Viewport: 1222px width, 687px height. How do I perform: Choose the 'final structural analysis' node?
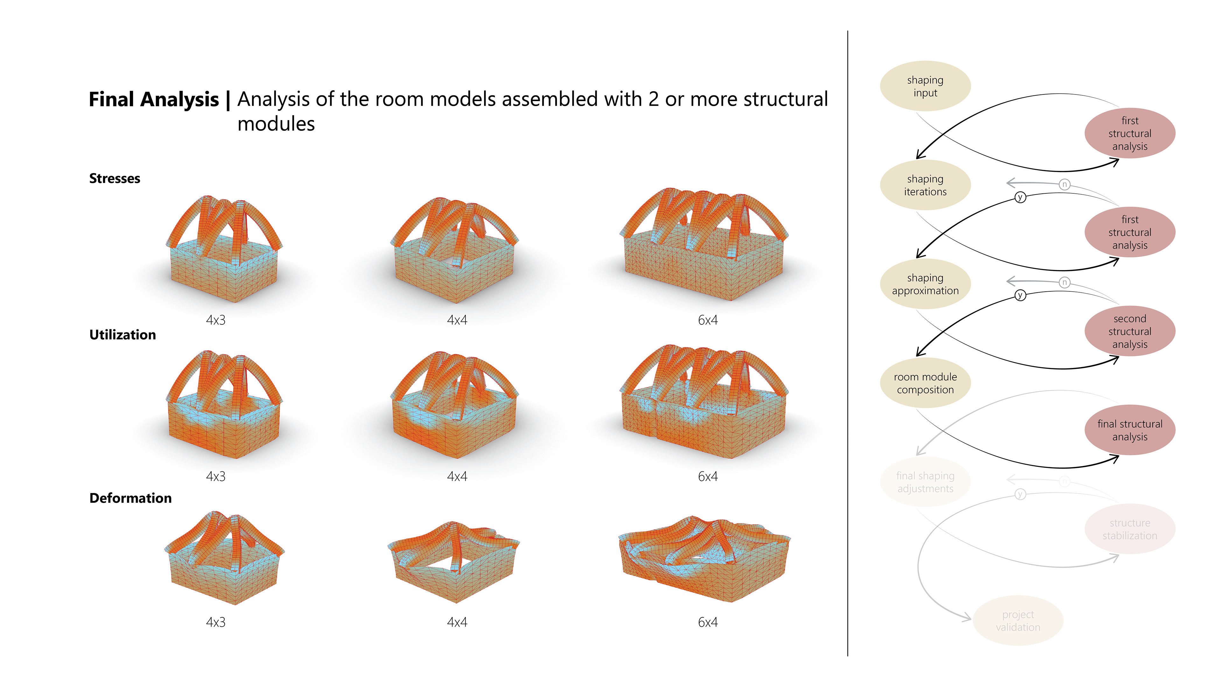click(1129, 430)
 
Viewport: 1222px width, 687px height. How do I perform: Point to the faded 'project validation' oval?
click(1018, 621)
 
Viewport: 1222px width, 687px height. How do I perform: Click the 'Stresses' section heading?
click(115, 179)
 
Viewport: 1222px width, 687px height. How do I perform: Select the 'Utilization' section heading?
click(123, 335)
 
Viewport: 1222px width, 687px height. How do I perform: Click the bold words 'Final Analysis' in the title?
click(154, 100)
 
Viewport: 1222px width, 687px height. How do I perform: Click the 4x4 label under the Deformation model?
click(457, 622)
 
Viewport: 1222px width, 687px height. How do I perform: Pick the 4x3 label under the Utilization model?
click(215, 476)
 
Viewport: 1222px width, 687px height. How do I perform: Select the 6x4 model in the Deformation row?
click(705, 559)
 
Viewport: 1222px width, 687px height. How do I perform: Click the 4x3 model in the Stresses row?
click(223, 249)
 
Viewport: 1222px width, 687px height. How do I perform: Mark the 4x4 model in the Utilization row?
click(454, 406)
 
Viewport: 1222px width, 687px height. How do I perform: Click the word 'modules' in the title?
click(276, 124)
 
